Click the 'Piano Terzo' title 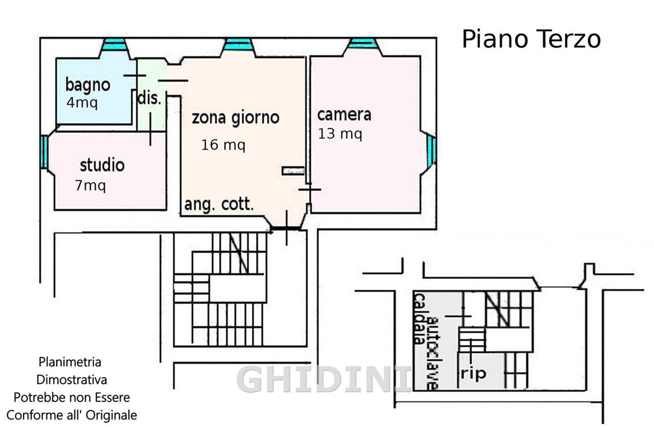[x=531, y=39]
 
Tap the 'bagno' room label [x=88, y=85]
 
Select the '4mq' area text [x=82, y=102]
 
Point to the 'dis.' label [x=149, y=98]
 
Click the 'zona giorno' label [x=236, y=118]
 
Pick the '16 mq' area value [x=224, y=145]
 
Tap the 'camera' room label [x=344, y=115]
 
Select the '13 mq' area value [x=340, y=134]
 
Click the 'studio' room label [x=102, y=165]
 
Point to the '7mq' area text [x=90, y=185]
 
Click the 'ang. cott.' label [x=219, y=204]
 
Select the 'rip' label [x=473, y=374]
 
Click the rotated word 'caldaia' [x=420, y=319]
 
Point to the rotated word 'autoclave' [x=433, y=353]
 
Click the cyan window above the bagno [x=114, y=45]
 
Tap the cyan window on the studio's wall [x=44, y=152]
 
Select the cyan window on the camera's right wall [x=432, y=151]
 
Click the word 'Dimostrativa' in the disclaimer [x=72, y=380]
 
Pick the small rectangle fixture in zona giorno [x=293, y=171]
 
